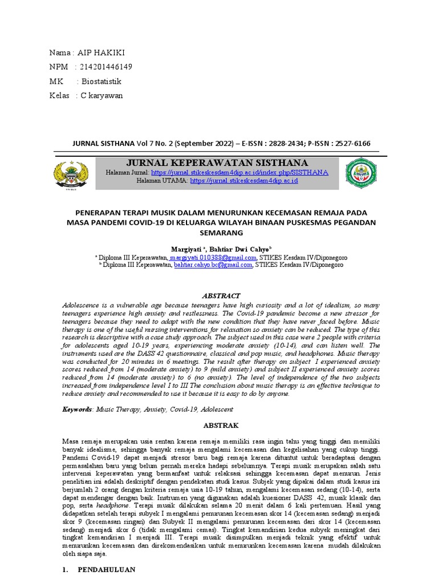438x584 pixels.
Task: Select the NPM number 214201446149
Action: click(107, 67)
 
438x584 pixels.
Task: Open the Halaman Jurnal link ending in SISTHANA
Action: click(240, 172)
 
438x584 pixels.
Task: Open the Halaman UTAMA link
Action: click(244, 180)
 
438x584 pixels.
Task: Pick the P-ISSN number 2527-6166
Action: click(351, 143)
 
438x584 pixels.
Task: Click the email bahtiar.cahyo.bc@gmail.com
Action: click(213, 265)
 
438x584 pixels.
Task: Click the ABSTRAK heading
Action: click(221, 425)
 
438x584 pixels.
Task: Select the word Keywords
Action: click(78, 409)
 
